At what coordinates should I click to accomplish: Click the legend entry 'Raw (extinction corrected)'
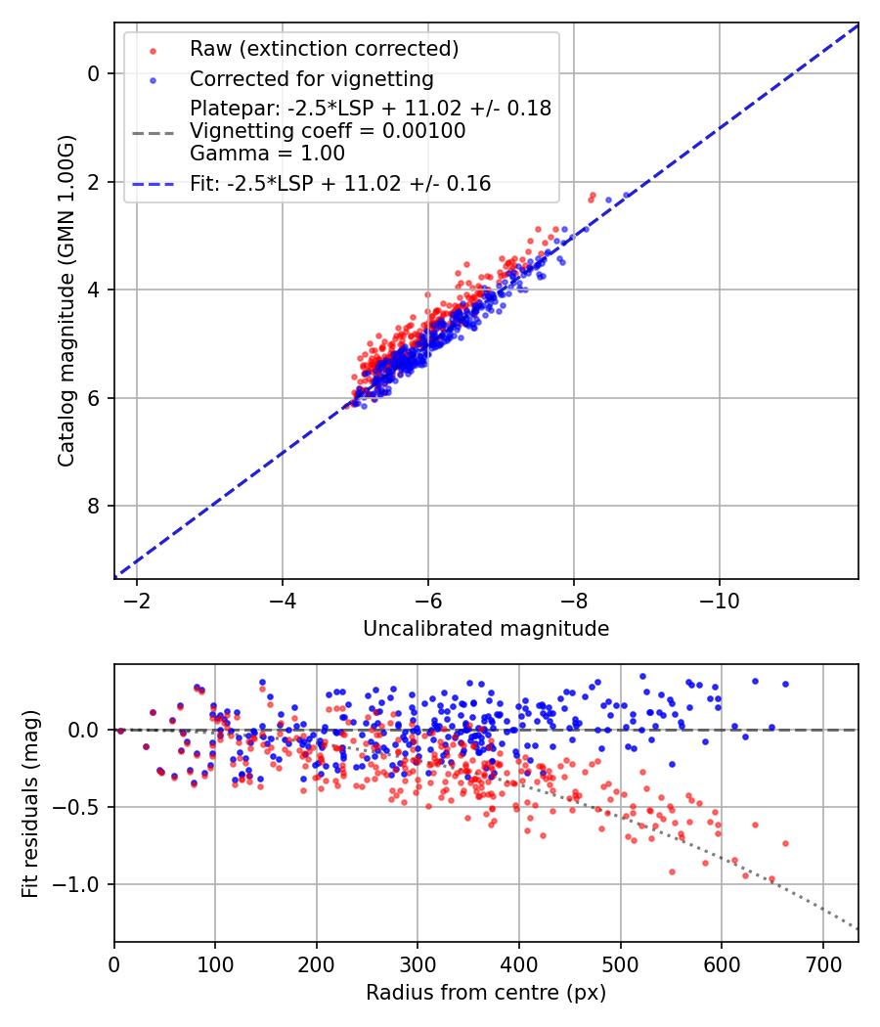[324, 49]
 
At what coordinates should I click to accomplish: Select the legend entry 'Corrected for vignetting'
[311, 78]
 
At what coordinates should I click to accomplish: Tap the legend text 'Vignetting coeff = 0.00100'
[328, 131]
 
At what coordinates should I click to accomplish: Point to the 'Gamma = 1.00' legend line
[267, 154]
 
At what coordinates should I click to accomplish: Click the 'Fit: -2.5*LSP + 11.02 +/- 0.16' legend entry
[340, 183]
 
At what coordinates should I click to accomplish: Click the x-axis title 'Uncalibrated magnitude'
[486, 629]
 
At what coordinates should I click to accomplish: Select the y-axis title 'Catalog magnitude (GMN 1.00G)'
[66, 300]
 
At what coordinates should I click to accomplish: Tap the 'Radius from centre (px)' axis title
[486, 993]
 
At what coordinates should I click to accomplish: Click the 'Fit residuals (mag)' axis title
[30, 803]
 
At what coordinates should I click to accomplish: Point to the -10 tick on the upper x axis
[720, 598]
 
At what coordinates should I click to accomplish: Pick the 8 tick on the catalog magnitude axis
[94, 506]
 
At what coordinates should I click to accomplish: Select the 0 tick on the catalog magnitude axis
[94, 73]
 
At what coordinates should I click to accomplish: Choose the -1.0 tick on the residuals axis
[81, 884]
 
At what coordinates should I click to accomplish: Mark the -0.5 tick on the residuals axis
[81, 807]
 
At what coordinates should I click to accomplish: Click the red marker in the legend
[152, 49]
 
